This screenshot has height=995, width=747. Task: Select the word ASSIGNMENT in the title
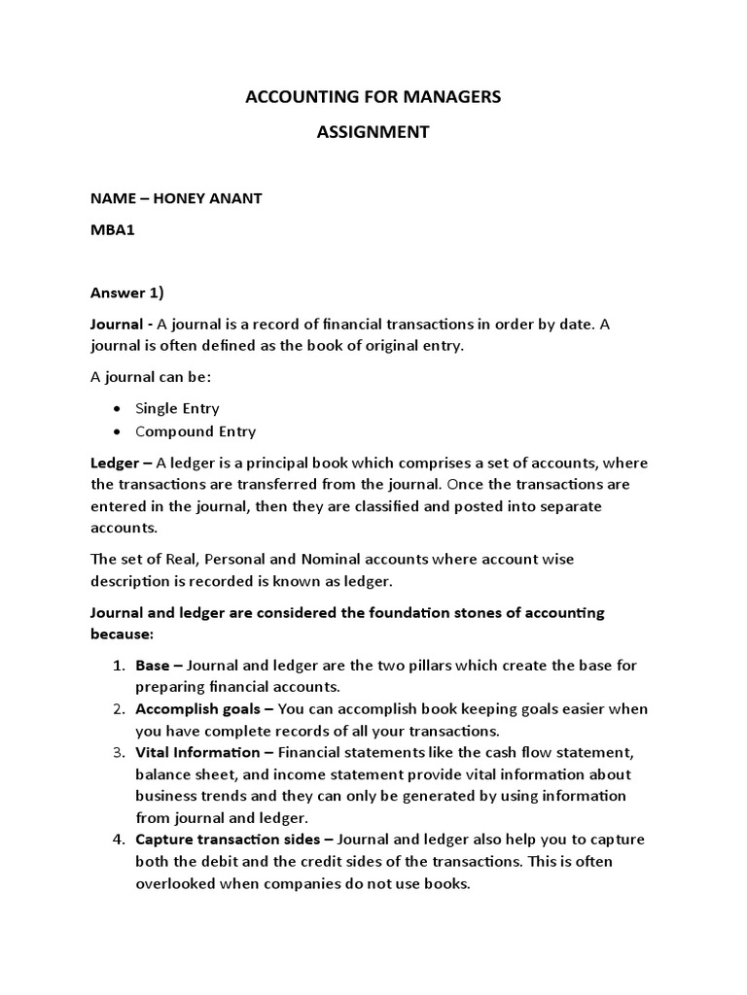pyautogui.click(x=373, y=132)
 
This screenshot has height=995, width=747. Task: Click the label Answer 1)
pyautogui.click(x=127, y=292)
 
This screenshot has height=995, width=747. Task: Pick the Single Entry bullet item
pyautogui.click(x=177, y=408)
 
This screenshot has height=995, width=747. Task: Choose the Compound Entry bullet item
pyautogui.click(x=196, y=431)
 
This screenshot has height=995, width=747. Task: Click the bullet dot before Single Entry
pyautogui.click(x=117, y=409)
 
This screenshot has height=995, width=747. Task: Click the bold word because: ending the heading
pyautogui.click(x=122, y=634)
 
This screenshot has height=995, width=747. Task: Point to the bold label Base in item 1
pyautogui.click(x=152, y=666)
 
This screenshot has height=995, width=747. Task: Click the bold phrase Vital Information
pyautogui.click(x=197, y=752)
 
